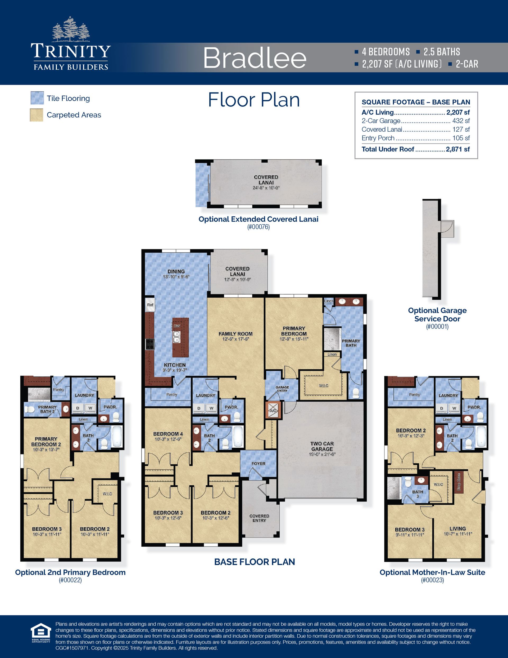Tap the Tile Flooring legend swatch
pos(37,98)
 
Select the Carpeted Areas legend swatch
pos(37,115)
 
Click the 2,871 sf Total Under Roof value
pos(458,149)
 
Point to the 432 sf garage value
pos(461,121)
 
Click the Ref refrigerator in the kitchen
pos(150,305)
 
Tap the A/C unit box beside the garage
pos(273,410)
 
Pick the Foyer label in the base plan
pos(258,464)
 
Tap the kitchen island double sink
pos(177,337)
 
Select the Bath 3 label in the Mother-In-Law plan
pos(418,494)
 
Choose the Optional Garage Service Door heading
pos(437,314)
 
